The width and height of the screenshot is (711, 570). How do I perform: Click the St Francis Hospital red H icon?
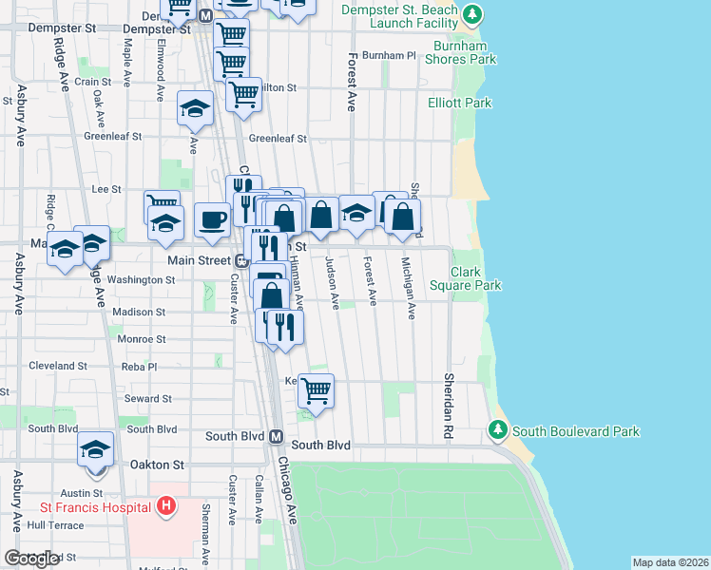[166, 505]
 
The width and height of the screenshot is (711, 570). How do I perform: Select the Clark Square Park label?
[477, 278]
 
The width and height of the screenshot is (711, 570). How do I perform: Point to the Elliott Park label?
[459, 103]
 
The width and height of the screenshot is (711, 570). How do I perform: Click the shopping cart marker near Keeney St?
[316, 389]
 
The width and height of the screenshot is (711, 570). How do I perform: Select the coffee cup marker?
[212, 219]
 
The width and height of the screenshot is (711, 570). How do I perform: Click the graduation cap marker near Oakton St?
[95, 448]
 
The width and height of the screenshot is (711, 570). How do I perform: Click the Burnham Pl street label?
[390, 56]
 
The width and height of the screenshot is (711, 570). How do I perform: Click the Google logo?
[31, 560]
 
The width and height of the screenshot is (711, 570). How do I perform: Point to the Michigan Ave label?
[409, 287]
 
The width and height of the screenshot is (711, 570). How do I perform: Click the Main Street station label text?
[200, 260]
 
